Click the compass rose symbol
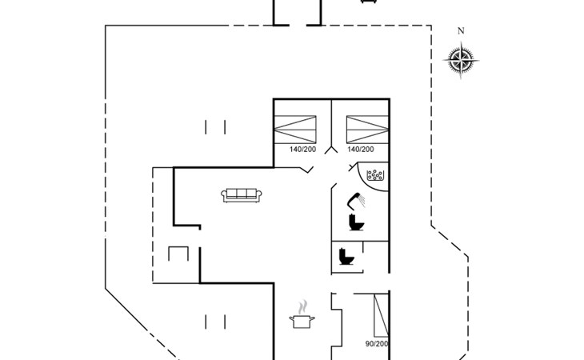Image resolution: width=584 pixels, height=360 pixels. (x=461, y=60)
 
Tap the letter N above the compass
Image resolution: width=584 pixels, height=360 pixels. (x=461, y=31)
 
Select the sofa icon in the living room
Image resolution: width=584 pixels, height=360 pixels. (x=242, y=195)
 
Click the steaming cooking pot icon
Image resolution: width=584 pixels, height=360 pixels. (x=302, y=314)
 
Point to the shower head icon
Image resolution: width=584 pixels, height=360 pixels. (x=357, y=200)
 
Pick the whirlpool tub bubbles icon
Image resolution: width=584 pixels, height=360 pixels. (x=374, y=175)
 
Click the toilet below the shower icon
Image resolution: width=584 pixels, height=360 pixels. (x=356, y=222)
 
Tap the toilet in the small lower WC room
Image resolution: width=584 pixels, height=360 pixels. (x=346, y=257)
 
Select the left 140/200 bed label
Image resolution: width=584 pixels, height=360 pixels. (x=302, y=150)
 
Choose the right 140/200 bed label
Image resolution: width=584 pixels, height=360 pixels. (x=361, y=150)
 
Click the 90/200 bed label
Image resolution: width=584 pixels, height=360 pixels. (x=377, y=344)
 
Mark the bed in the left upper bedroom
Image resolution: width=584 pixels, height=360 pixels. (x=295, y=130)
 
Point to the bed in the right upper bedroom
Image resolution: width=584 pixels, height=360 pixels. (x=368, y=130)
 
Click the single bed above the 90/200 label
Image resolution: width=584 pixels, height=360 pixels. (x=382, y=315)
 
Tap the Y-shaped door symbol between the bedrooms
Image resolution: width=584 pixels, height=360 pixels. (x=331, y=149)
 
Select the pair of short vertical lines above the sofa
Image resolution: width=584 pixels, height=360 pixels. (x=215, y=127)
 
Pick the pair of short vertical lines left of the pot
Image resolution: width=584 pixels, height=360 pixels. (x=215, y=322)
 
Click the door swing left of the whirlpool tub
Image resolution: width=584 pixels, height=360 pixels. (x=352, y=166)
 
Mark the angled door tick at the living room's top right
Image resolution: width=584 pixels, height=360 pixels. (x=307, y=170)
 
